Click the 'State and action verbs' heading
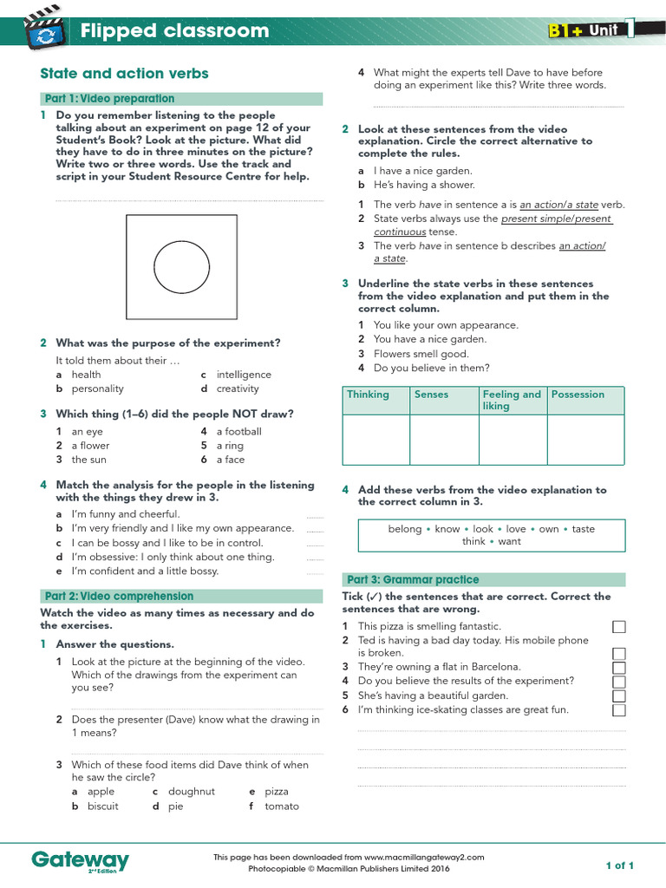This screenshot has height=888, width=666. coord(125,74)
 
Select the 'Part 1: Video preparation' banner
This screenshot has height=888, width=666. coord(108,99)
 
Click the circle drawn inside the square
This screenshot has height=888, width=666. coord(181,264)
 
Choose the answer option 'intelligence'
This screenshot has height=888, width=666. coord(243,375)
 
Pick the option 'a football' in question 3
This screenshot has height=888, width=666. coord(238,431)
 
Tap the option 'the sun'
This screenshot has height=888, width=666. coord(89,460)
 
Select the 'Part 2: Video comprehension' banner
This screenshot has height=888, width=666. coord(117,597)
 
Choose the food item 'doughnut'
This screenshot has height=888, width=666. coord(191,792)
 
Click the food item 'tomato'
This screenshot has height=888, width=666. coord(282,806)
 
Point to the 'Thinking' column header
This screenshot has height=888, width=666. coord(369,395)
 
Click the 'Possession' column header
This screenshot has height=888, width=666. coord(578,395)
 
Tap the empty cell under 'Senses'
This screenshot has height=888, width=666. coord(444,440)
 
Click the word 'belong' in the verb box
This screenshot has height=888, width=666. coord(405,529)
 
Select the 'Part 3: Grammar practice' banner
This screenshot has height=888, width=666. coord(412,579)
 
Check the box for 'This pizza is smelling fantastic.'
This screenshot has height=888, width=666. coord(619,627)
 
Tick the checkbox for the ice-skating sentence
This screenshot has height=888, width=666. coord(619,710)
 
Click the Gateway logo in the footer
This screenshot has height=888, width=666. coord(80,860)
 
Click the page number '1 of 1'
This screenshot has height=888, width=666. coord(620,865)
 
